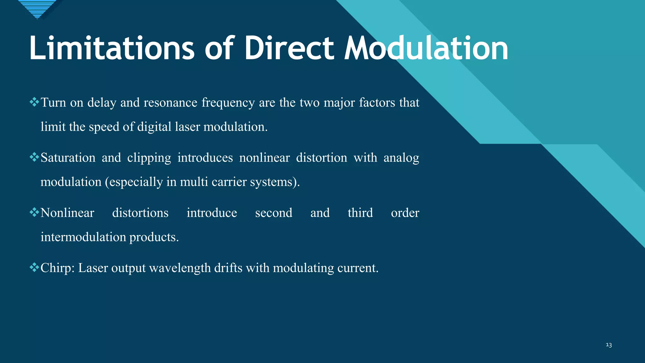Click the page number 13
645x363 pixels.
pyautogui.click(x=608, y=345)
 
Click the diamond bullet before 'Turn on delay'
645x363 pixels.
pyautogui.click(x=34, y=102)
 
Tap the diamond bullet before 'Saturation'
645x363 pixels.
pyautogui.click(x=34, y=157)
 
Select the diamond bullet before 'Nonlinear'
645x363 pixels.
pyautogui.click(x=34, y=212)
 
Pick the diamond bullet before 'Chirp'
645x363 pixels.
pyautogui.click(x=34, y=267)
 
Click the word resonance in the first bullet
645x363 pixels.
pyautogui.click(x=170, y=102)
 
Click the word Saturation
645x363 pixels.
pyautogui.click(x=68, y=158)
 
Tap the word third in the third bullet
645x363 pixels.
pyautogui.click(x=360, y=213)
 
